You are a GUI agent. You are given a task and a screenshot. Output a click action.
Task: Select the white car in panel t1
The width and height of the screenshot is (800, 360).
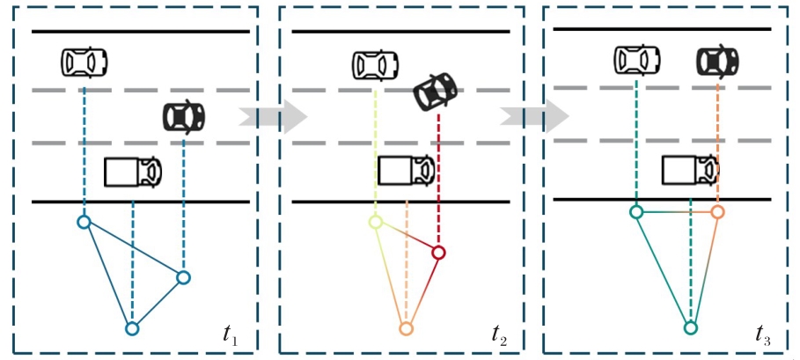pos(84,62)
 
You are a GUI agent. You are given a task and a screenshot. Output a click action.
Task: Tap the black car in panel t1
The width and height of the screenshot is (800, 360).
pos(184,116)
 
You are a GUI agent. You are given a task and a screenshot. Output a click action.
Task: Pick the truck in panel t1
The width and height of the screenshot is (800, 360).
pos(133,171)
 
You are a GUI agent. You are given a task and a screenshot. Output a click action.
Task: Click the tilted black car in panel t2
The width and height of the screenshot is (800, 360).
pos(437,91)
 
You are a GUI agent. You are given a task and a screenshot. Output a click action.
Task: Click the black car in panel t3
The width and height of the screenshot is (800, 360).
pos(718,61)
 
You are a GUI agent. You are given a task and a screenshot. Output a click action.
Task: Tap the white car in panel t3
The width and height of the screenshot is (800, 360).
pos(637,60)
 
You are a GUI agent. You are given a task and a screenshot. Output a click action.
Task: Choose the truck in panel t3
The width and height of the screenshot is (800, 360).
pos(692,168)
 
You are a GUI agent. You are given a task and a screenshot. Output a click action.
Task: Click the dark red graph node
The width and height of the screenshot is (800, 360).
pos(439,253)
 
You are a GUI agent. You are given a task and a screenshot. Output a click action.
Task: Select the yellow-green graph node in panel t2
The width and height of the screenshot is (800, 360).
pos(376,223)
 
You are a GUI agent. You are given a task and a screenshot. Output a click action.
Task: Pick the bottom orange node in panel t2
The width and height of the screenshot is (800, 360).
pos(406,329)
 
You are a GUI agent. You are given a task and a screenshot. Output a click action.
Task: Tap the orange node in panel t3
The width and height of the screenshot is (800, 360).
pos(717,212)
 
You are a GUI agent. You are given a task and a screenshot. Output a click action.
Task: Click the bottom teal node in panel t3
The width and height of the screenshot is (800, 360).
pos(691,328)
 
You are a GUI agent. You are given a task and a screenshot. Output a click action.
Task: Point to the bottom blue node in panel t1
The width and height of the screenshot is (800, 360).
pos(132,329)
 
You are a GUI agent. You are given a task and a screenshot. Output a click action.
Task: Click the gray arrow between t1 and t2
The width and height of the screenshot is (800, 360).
pos(273,116)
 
